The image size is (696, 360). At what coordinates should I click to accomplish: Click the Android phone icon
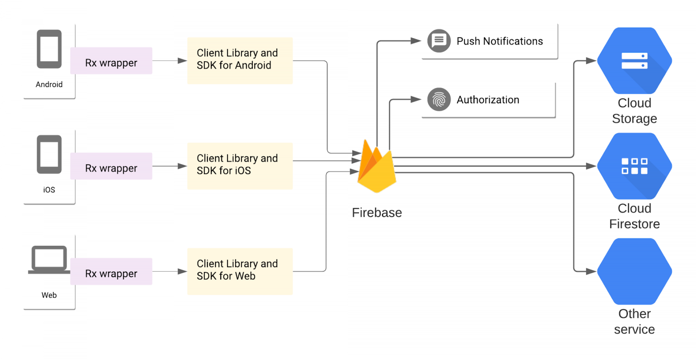click(x=49, y=49)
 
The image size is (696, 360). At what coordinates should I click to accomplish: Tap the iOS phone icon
click(x=49, y=154)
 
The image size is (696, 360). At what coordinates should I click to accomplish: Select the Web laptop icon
click(x=49, y=260)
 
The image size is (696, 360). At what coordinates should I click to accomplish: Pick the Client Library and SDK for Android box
click(x=240, y=61)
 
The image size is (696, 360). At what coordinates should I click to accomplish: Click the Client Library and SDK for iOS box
click(x=240, y=166)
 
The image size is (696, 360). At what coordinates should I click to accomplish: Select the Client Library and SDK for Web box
click(x=240, y=272)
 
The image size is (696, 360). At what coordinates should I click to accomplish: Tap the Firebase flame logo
click(x=377, y=167)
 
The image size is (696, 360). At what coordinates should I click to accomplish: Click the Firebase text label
click(x=377, y=213)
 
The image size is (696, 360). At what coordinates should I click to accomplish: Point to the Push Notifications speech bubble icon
click(x=439, y=41)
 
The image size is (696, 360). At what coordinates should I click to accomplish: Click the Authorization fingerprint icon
click(x=439, y=99)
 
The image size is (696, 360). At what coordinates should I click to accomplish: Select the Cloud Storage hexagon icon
click(x=634, y=61)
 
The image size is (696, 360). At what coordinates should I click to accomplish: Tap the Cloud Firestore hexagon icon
click(x=634, y=166)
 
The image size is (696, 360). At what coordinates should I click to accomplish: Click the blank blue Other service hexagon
click(x=634, y=272)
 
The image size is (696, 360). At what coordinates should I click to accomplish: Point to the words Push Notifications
click(x=500, y=41)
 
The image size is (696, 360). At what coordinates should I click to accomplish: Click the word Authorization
click(x=488, y=100)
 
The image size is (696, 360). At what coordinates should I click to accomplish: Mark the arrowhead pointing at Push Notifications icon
click(x=416, y=41)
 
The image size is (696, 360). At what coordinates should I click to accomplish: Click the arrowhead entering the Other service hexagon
click(x=591, y=272)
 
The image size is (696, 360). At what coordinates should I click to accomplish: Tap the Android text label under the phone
click(x=49, y=84)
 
